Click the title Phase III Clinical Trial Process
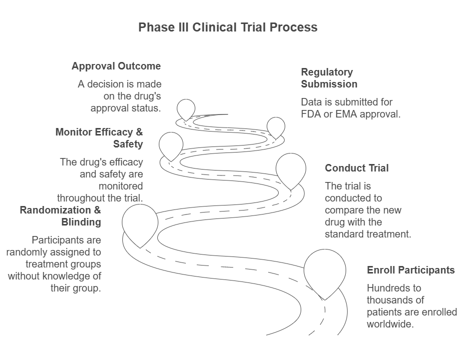(x=228, y=27)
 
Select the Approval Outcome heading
(x=116, y=66)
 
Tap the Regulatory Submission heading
(x=329, y=78)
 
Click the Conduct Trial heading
(x=357, y=168)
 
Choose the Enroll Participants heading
(x=411, y=270)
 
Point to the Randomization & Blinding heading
(x=60, y=216)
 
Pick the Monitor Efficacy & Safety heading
(x=99, y=138)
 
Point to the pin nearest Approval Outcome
(x=186, y=108)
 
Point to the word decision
(x=103, y=84)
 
